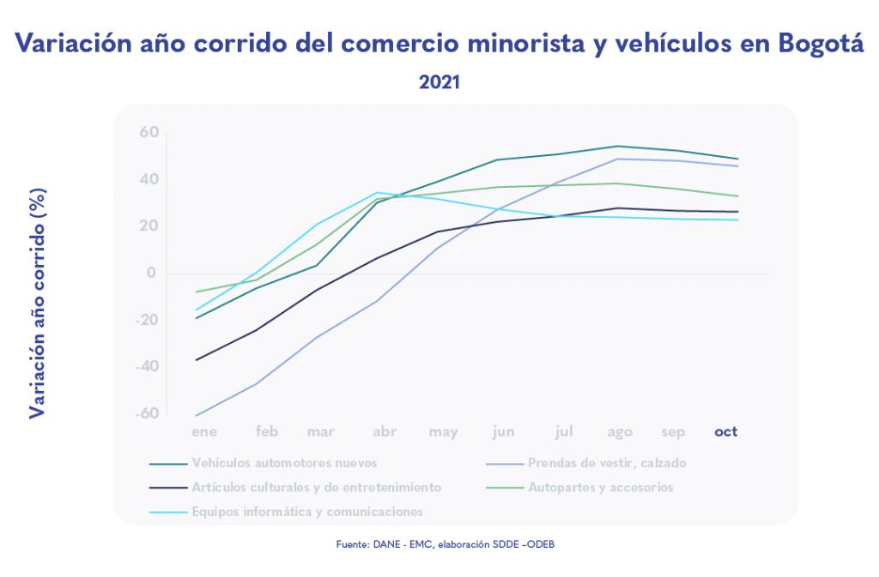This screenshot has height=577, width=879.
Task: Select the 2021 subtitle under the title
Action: click(439, 83)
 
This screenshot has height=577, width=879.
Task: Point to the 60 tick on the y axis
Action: click(149, 132)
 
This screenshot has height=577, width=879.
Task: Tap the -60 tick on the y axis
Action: click(147, 413)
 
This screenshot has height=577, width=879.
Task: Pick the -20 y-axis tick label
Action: click(147, 320)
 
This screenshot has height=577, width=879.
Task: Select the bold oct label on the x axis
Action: click(726, 431)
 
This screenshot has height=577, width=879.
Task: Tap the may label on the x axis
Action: click(443, 432)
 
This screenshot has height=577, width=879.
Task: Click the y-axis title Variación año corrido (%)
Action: click(37, 304)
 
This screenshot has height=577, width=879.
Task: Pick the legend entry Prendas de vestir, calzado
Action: click(607, 463)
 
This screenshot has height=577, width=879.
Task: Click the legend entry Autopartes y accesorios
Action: click(601, 487)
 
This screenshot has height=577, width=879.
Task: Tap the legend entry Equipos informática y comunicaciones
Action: click(307, 512)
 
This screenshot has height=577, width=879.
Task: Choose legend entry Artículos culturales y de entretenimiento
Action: click(316, 487)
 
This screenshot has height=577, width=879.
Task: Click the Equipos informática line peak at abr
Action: click(377, 193)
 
